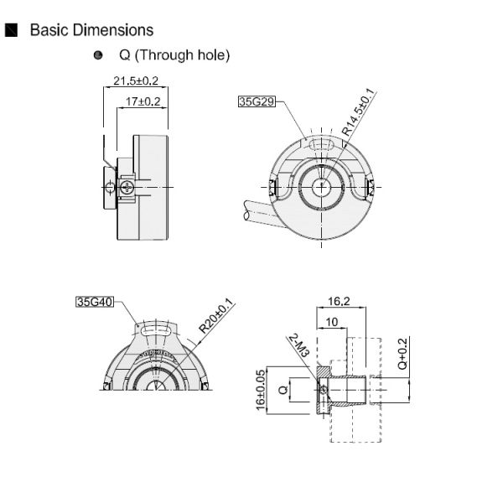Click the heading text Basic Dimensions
(91, 30)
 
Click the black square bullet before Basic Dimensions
(12, 30)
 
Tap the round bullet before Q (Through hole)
(98, 55)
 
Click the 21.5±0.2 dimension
(136, 81)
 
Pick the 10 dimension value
(332, 322)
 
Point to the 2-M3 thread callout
(298, 347)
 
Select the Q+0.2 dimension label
(402, 353)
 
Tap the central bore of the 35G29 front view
(323, 187)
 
